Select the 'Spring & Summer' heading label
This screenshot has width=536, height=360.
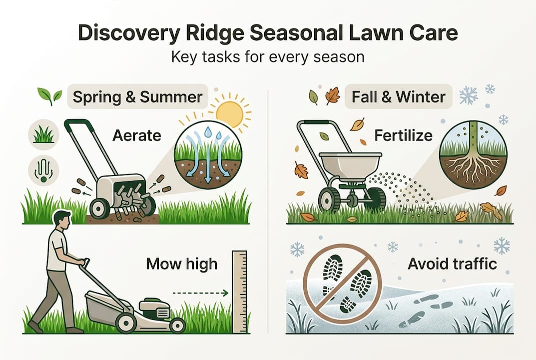click(x=137, y=96)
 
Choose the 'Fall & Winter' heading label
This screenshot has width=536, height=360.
click(x=399, y=96)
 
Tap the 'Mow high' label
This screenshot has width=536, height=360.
click(x=182, y=263)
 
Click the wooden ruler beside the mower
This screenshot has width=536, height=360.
click(x=240, y=292)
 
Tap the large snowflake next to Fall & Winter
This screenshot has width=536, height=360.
click(x=468, y=95)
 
